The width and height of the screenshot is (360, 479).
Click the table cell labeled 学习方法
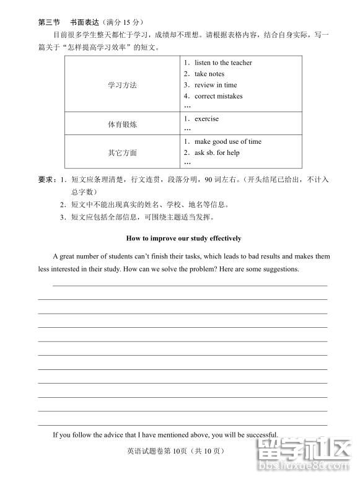click(122, 84)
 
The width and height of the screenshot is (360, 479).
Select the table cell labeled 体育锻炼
click(122, 124)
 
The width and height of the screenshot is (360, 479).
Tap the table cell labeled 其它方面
click(122, 152)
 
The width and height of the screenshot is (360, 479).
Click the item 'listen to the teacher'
click(223, 63)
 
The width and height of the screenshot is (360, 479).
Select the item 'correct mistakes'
click(218, 96)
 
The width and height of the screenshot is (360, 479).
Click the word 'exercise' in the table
click(206, 118)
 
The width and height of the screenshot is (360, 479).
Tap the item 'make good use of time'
click(227, 141)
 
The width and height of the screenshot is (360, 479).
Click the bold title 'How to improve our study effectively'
click(183, 238)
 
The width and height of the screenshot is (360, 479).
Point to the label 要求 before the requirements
click(46, 180)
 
